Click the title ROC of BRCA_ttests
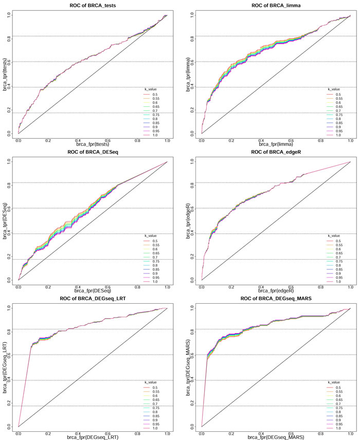(93, 6)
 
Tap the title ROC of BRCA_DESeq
(93, 153)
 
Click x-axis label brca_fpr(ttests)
(93, 143)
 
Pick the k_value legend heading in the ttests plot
(150, 89)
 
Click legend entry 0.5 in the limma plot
(338, 95)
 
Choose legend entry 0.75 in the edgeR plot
(338, 262)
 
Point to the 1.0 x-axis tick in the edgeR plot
(350, 286)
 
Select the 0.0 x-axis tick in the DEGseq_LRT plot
(19, 432)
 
